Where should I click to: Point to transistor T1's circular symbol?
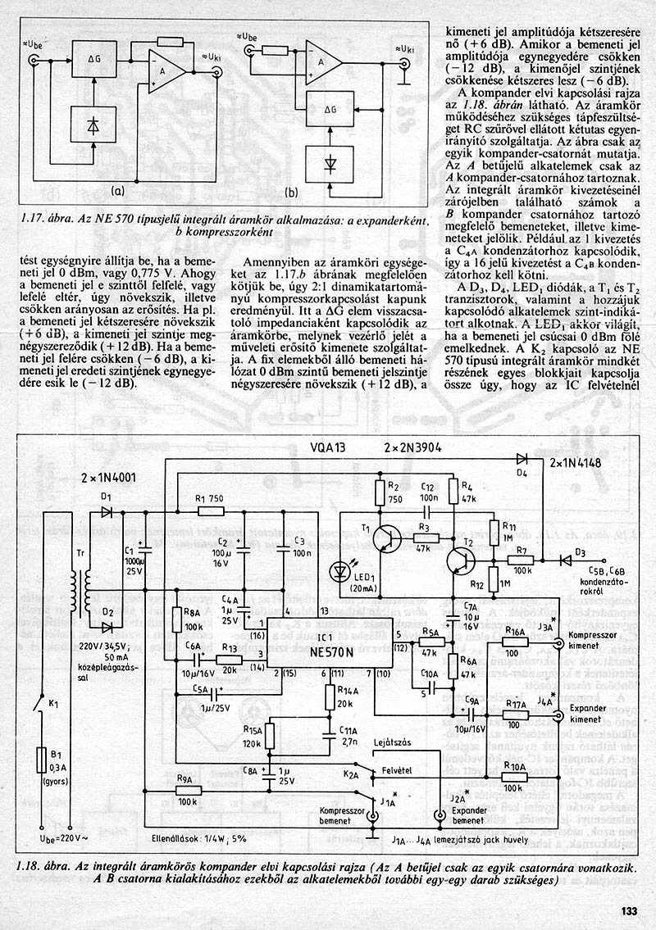pyautogui.click(x=383, y=538)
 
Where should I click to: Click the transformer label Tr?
pyautogui.click(x=80, y=552)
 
